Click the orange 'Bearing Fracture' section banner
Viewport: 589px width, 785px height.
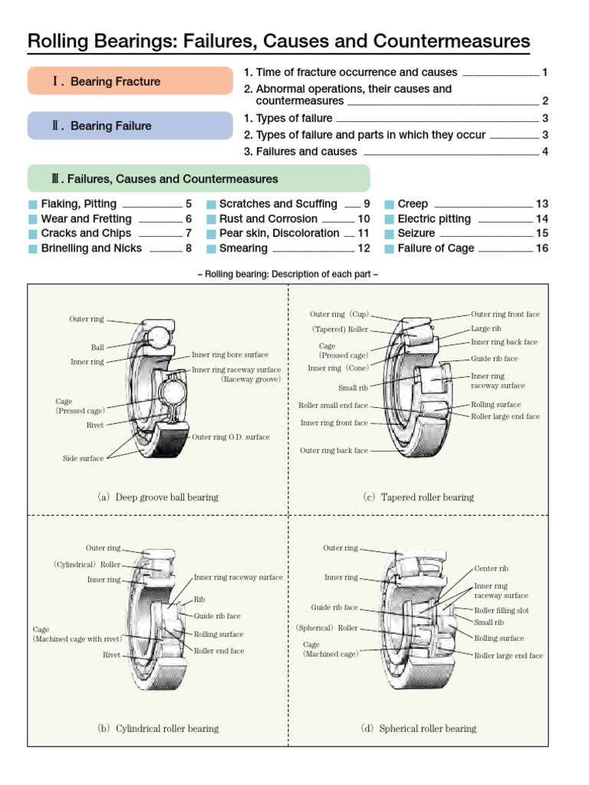(130, 81)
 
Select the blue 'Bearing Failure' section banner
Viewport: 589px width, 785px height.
(130, 126)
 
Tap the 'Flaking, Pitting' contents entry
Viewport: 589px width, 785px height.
(78, 204)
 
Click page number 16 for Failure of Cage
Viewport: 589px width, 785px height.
(541, 248)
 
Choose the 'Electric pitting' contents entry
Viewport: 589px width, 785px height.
(434, 219)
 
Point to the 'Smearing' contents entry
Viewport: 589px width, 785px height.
(243, 248)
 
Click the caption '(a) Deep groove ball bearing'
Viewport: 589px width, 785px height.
(157, 497)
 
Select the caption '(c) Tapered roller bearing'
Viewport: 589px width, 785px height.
(418, 497)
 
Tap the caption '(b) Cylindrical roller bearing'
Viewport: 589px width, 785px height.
(157, 728)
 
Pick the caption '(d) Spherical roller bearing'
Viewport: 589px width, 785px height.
(418, 728)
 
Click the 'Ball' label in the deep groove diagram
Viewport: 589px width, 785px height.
(97, 347)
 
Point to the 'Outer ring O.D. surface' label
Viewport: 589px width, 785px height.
(231, 437)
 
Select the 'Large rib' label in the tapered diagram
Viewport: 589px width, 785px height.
(485, 328)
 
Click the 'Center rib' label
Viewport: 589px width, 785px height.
(491, 569)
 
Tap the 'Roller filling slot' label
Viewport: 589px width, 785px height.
(502, 610)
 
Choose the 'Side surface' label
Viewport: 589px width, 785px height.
(83, 458)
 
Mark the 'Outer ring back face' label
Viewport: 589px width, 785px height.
(334, 451)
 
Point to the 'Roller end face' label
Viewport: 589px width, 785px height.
(219, 651)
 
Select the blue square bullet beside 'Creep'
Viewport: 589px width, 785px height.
(390, 205)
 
